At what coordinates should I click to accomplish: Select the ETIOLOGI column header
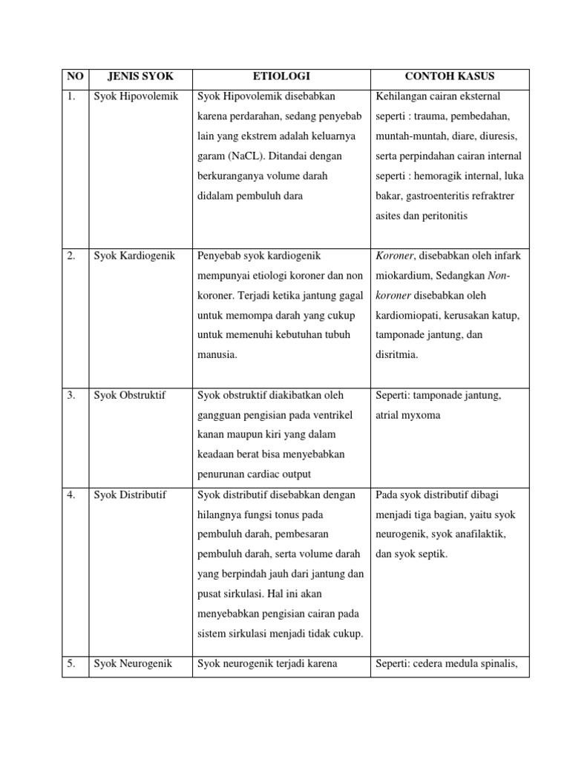coord(281,77)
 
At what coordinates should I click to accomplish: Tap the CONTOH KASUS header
coord(449,77)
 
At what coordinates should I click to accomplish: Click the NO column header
coord(76,77)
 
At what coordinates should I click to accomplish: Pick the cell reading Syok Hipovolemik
coord(136,97)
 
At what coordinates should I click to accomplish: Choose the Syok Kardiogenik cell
coord(134,256)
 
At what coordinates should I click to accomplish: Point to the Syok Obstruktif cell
coord(130,395)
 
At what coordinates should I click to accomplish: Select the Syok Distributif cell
coord(130,494)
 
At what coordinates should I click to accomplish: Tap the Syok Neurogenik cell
coord(133,663)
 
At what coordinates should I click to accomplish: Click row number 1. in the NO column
coord(71,97)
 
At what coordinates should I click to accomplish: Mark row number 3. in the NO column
coord(71,395)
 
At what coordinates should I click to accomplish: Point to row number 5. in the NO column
coord(71,663)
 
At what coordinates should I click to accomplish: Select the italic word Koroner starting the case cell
coord(395,256)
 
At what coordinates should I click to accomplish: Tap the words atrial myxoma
coord(408,415)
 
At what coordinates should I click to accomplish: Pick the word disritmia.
coord(397,354)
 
